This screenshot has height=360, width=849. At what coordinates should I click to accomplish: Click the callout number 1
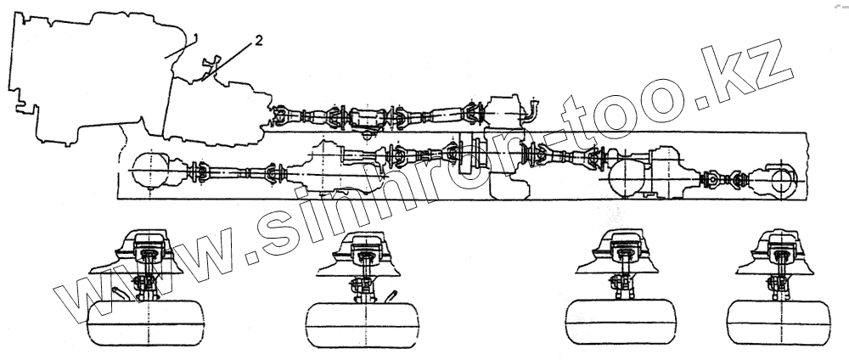pyautogui.click(x=196, y=36)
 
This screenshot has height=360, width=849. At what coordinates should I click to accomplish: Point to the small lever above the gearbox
pyautogui.click(x=209, y=65)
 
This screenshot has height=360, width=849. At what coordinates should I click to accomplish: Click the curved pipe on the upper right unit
pyautogui.click(x=530, y=110)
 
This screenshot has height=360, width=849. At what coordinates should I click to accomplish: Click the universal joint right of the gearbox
pyautogui.click(x=284, y=114)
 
